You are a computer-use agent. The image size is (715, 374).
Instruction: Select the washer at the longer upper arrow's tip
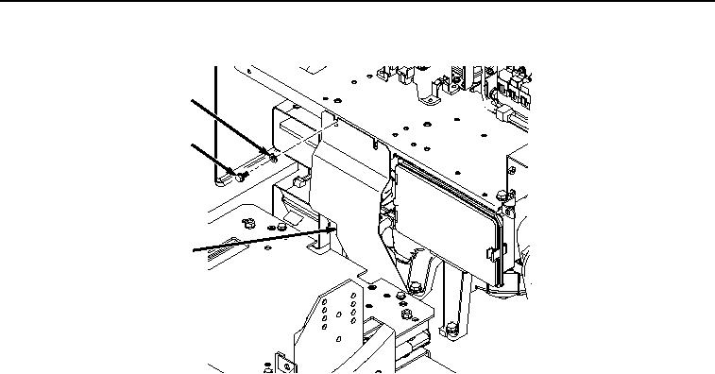coord(273,157)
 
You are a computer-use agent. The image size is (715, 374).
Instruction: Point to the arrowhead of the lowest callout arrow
coord(333,228)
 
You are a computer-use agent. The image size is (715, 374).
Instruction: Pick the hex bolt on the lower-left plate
coord(247,223)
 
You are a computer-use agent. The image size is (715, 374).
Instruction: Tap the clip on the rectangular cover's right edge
coord(490,254)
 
